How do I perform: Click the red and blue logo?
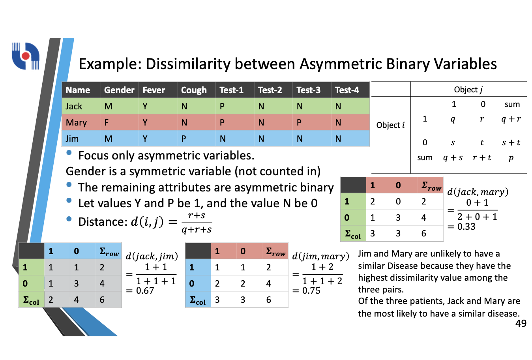point(26,56)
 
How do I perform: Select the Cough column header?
point(194,90)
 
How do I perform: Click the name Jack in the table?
point(74,106)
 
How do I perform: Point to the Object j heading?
point(468,90)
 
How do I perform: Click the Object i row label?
point(390,125)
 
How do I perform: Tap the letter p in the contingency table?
point(511,158)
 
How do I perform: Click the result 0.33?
point(466,227)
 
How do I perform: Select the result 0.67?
point(145,291)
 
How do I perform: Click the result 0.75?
point(311,291)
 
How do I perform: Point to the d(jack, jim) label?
point(152,256)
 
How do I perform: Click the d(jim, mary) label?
point(320,256)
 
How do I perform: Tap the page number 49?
point(521,323)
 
